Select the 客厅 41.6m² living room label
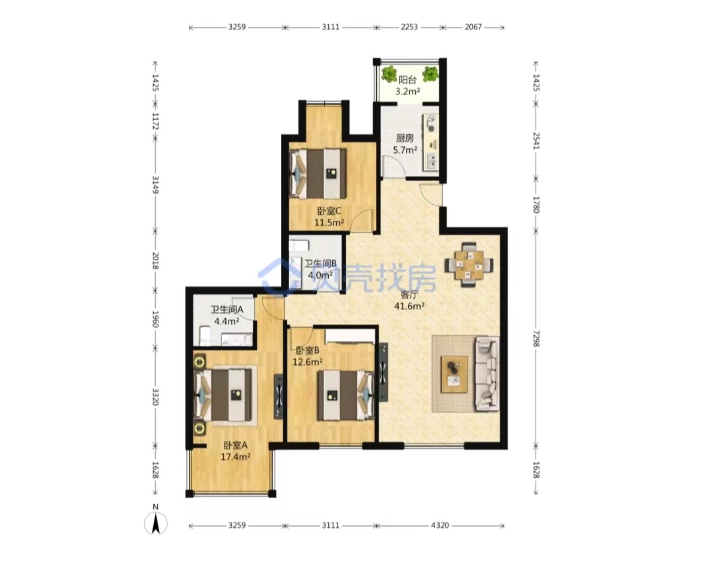pyautogui.click(x=409, y=301)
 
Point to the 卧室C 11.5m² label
pyautogui.click(x=329, y=217)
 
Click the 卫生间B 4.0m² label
pyautogui.click(x=321, y=269)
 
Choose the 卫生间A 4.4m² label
pyautogui.click(x=227, y=315)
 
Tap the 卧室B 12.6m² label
pyautogui.click(x=308, y=356)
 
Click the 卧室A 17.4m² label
pyautogui.click(x=235, y=451)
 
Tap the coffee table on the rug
pyautogui.click(x=454, y=374)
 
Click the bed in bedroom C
pyautogui.click(x=318, y=173)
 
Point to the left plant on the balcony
pyautogui.click(x=390, y=74)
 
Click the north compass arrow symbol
pyautogui.click(x=156, y=523)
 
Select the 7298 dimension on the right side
pyautogui.click(x=536, y=338)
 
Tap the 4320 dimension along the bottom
pyautogui.click(x=440, y=525)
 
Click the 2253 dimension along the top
pyautogui.click(x=409, y=27)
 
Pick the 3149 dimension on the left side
pyautogui.click(x=155, y=185)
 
